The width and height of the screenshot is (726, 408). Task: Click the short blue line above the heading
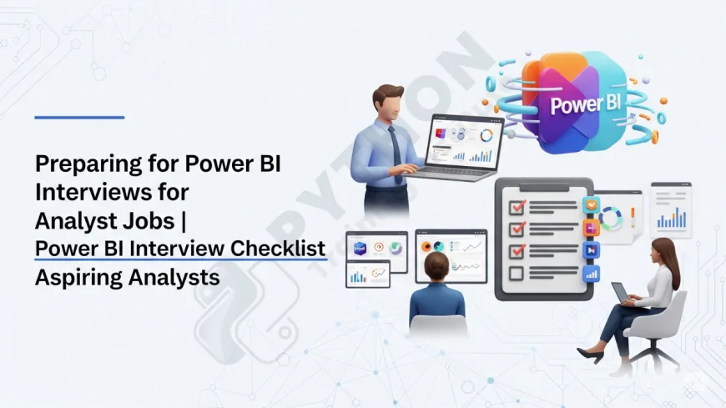[x=79, y=118]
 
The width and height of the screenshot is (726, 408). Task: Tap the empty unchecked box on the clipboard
[x=517, y=273]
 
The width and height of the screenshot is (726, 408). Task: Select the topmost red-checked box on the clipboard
[x=517, y=205]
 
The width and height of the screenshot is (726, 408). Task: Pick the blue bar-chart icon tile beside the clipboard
[x=592, y=273]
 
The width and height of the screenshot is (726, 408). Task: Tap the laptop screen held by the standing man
[x=463, y=144]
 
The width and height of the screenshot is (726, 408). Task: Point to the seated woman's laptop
[x=622, y=294]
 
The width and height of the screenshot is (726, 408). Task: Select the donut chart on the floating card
[x=611, y=219]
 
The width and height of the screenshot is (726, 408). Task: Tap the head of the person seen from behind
[x=436, y=267]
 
